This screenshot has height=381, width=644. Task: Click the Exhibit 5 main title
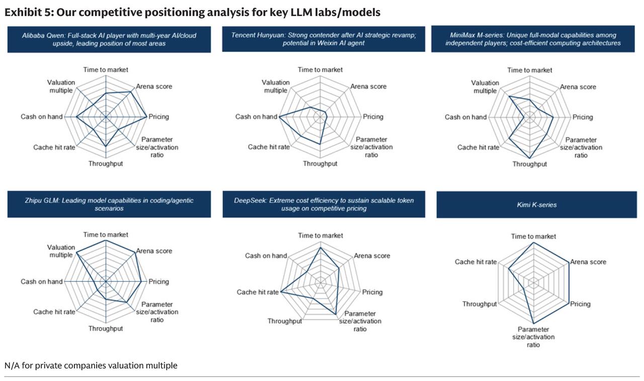(192, 13)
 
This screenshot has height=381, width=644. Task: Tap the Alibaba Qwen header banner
(109, 39)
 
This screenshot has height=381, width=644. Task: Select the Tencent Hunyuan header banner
(324, 39)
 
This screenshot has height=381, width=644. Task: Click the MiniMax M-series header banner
(533, 39)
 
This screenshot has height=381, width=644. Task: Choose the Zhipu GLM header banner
(109, 204)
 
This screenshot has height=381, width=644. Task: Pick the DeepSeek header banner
(324, 204)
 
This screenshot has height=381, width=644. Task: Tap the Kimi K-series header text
(536, 205)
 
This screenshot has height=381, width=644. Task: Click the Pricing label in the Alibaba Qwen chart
(158, 117)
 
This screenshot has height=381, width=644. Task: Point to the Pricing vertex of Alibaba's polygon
(147, 117)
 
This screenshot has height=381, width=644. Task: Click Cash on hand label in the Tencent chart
(256, 117)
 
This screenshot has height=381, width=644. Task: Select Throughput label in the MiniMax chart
(530, 164)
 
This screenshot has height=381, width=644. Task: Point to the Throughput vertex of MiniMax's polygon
(530, 158)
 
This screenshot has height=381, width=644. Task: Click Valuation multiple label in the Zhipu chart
(61, 251)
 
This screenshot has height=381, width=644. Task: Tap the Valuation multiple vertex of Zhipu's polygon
(76, 253)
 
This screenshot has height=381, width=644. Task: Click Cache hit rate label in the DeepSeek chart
(258, 292)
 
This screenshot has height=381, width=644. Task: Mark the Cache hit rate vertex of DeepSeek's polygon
(281, 292)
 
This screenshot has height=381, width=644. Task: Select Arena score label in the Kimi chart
(588, 262)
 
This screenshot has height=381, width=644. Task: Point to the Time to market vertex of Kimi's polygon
(534, 243)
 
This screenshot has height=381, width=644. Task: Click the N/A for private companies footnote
(91, 365)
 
